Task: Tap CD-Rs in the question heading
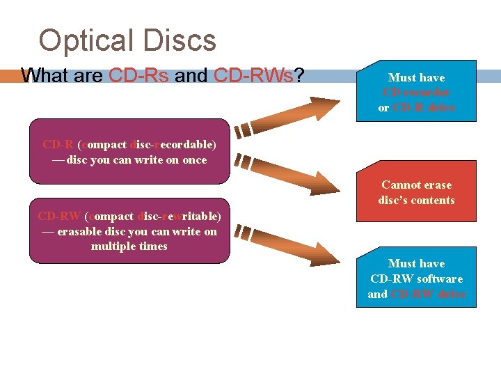(x=138, y=75)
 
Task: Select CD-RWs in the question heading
(x=254, y=75)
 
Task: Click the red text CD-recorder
(x=416, y=93)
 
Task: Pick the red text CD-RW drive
(x=428, y=294)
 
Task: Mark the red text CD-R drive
(x=424, y=108)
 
